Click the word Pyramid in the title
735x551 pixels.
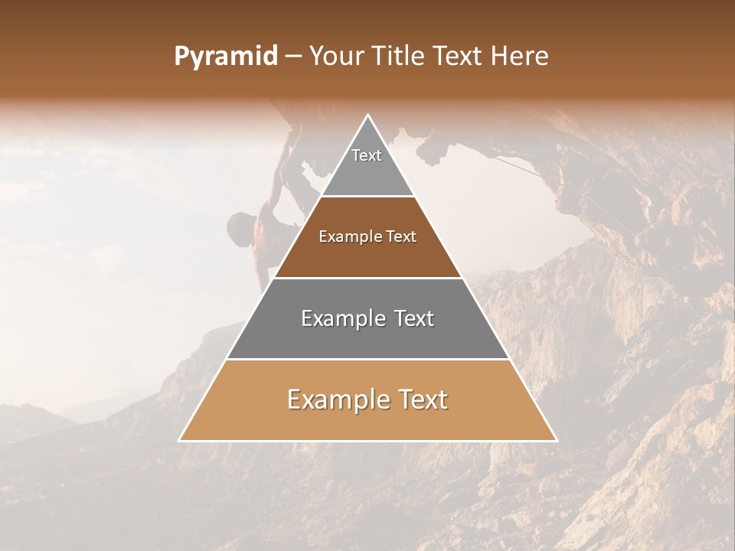(225, 57)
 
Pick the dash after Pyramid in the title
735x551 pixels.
(292, 57)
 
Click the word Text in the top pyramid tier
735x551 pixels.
(367, 155)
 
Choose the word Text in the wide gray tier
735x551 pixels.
(415, 318)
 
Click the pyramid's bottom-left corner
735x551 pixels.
(179, 441)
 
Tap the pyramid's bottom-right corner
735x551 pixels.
(557, 441)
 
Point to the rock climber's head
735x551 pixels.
(241, 225)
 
